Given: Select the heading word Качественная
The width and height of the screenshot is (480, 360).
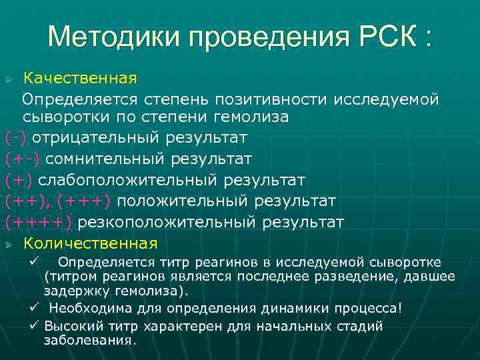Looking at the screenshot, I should [79, 79].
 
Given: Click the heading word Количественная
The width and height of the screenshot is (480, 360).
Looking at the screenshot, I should [90, 243].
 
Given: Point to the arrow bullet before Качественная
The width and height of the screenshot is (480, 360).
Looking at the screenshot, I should [9, 79].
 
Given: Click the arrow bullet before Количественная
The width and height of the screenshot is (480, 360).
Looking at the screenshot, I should [9, 243].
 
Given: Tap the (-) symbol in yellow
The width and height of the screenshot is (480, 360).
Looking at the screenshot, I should [16, 138].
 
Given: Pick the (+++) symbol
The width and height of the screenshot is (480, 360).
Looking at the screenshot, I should [87, 201].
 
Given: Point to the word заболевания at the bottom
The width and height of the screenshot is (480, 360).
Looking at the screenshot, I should [89, 340].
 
